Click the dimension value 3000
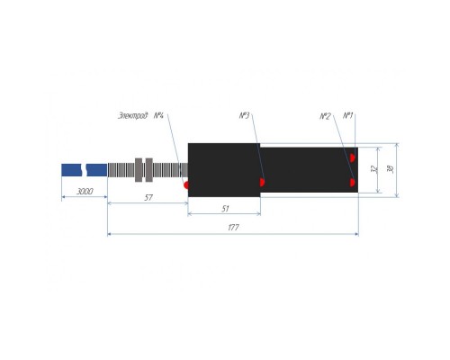coord(85,191)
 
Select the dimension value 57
coord(148,197)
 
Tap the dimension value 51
coord(225,209)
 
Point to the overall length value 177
coord(233,228)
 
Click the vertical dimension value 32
coord(374,169)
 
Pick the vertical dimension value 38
coord(391,169)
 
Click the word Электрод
coord(133,115)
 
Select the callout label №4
coord(158,115)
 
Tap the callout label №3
coord(244,115)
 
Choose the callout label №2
coord(325,116)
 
